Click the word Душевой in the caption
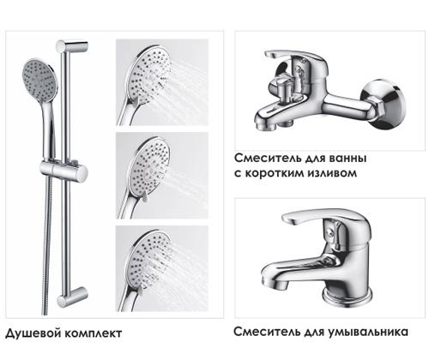point(31,333)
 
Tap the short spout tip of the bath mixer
point(259,125)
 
